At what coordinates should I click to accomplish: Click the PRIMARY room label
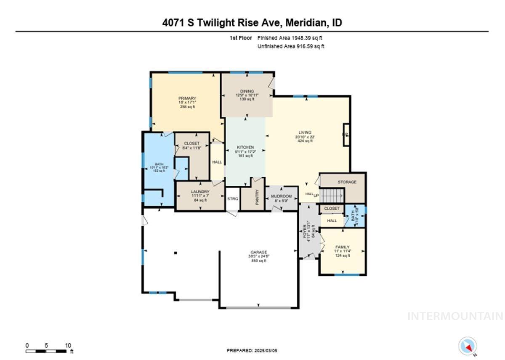tap(187, 99)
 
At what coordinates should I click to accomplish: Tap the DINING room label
tap(247, 91)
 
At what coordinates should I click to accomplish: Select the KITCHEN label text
tap(245, 147)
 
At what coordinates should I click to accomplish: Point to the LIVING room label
tap(305, 133)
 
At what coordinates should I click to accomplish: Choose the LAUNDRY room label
tap(200, 192)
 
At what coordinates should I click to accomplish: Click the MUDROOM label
tap(282, 196)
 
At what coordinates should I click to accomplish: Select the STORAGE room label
tap(347, 182)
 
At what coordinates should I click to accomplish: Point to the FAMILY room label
tap(343, 247)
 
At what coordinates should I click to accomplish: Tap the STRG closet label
tap(233, 199)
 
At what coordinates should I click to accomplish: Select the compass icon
tap(467, 346)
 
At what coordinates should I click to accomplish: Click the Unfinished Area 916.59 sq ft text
tap(291, 46)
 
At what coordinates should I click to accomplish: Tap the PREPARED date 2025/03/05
tap(252, 350)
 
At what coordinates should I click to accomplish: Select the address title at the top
tap(252, 22)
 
